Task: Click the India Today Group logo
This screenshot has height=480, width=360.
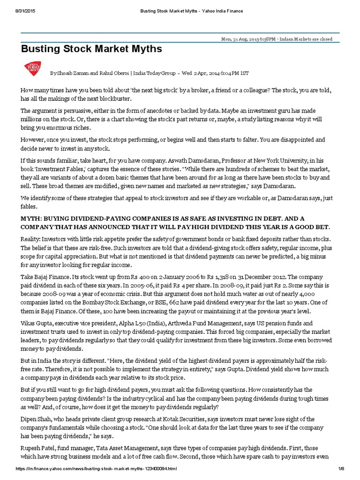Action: pos(32,69)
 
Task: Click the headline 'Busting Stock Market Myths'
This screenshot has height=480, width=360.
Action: pos(91,49)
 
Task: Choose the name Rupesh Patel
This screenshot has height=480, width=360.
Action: pos(40,448)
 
